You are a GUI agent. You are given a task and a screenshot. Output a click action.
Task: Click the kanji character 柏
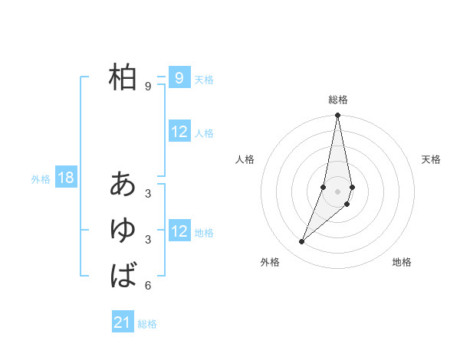(123, 77)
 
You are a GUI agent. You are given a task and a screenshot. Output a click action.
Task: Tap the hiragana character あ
(123, 184)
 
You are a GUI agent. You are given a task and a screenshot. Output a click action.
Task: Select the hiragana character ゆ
(123, 230)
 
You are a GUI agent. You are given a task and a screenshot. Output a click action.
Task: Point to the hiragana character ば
(123, 275)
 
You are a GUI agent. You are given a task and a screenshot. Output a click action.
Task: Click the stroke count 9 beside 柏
(147, 87)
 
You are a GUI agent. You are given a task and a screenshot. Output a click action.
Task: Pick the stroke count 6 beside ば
(147, 286)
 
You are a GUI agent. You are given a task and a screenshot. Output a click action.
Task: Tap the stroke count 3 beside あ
(147, 194)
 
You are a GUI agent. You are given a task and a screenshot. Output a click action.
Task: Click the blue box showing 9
(179, 77)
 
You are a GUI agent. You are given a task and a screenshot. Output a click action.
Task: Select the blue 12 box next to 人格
(179, 132)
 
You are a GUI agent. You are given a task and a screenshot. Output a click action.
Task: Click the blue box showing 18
(66, 178)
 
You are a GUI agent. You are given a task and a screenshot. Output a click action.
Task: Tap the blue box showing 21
(123, 322)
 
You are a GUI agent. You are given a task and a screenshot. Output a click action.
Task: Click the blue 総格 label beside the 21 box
(147, 324)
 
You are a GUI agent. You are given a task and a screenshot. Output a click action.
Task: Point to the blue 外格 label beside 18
(41, 180)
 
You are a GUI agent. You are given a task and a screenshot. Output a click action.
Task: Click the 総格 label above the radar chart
(338, 100)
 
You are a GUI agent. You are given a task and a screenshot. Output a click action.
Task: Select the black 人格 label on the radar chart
(245, 159)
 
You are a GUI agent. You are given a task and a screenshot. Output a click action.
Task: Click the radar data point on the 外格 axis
(302, 241)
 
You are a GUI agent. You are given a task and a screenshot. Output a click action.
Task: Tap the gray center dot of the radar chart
(338, 191)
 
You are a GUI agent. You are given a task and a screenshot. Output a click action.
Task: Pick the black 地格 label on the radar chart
(402, 263)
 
